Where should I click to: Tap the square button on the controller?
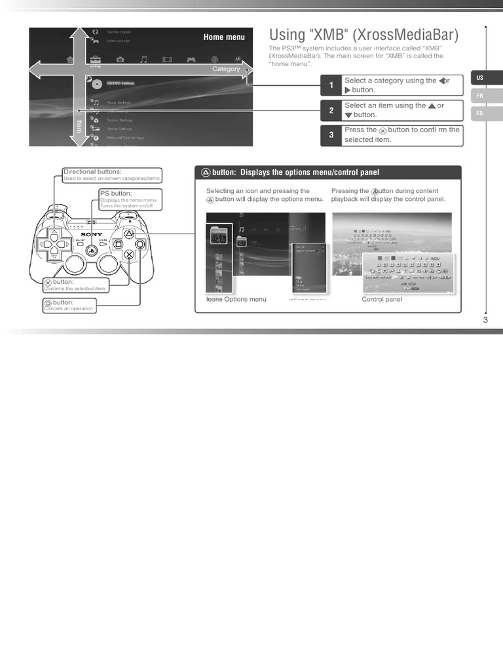(x=118, y=244)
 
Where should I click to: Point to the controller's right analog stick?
(x=108, y=262)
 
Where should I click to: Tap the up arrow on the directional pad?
(x=54, y=233)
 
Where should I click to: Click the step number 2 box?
(x=331, y=111)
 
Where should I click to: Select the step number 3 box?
(x=331, y=135)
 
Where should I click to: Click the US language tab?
(x=480, y=78)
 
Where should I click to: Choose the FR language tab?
(x=480, y=96)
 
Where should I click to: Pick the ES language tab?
(x=480, y=113)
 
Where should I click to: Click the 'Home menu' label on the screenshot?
(x=224, y=37)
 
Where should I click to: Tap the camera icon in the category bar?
(x=120, y=60)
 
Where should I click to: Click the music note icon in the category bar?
(x=143, y=60)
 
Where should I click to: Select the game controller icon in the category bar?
(x=192, y=60)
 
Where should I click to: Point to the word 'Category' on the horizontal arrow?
(x=226, y=69)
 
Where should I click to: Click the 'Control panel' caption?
(x=382, y=300)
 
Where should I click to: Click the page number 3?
(x=485, y=320)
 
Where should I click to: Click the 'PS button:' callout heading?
(x=116, y=194)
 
